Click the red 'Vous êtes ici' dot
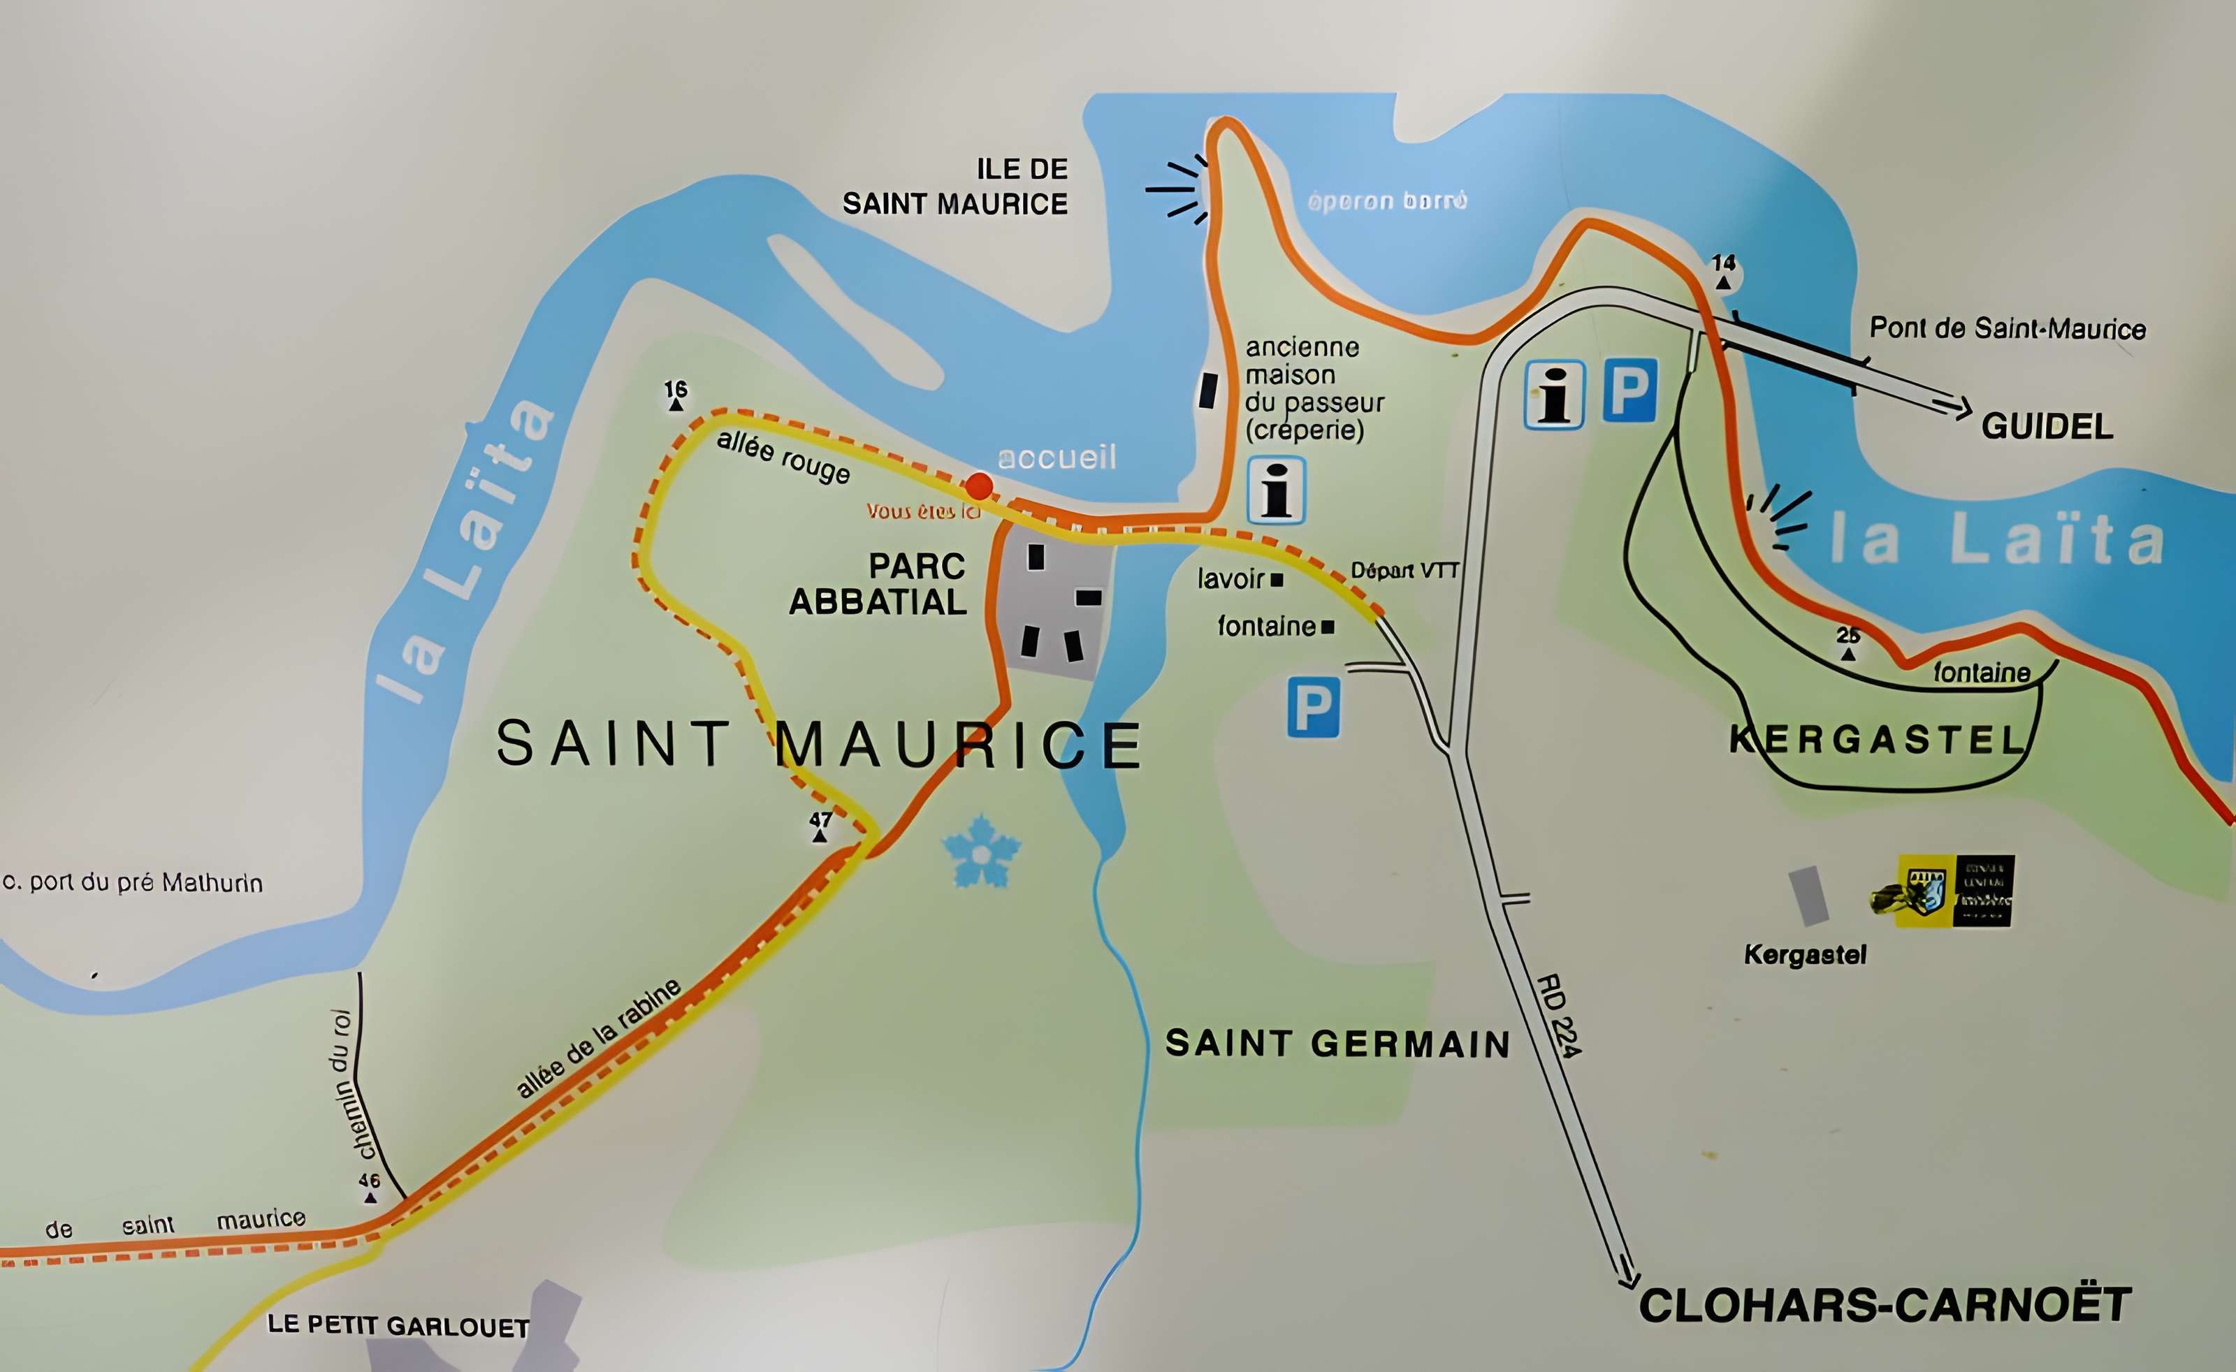click(978, 486)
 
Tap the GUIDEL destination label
click(2047, 425)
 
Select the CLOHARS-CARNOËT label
click(1884, 1306)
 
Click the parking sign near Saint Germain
click(1313, 708)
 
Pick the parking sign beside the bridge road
click(1629, 391)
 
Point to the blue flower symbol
click(981, 852)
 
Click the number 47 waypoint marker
click(820, 826)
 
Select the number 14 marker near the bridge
click(1723, 270)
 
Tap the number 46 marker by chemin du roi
click(370, 1187)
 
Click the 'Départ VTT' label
click(1404, 571)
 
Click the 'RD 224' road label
click(1558, 1016)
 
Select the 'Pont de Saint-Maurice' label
click(2008, 328)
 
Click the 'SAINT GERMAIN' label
click(1337, 1044)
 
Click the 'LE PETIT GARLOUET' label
click(398, 1326)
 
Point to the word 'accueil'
click(1057, 458)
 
